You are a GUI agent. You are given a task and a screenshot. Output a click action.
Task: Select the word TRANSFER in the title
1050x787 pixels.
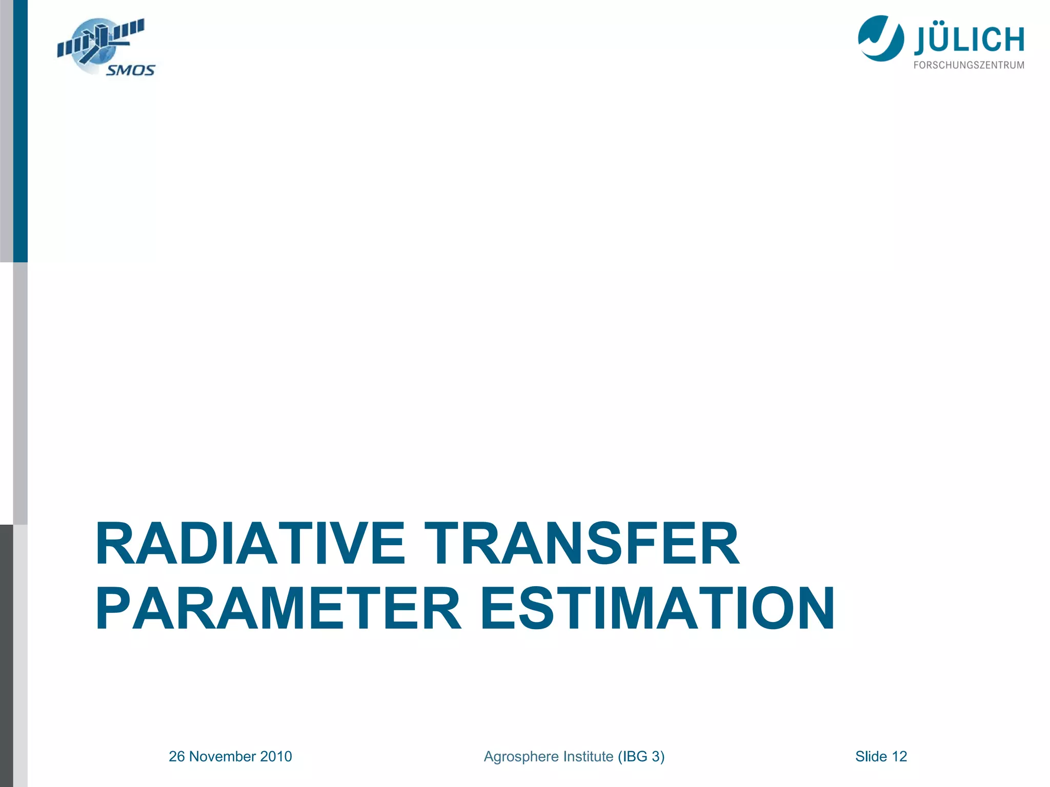coord(581,544)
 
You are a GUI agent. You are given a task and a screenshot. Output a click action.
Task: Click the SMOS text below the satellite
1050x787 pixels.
coord(130,70)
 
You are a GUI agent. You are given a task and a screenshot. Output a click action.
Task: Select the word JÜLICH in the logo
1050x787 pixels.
coord(969,40)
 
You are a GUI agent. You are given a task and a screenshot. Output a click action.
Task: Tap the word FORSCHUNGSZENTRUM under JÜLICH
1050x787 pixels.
coord(969,65)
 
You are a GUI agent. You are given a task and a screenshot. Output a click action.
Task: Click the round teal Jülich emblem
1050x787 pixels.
coord(881,38)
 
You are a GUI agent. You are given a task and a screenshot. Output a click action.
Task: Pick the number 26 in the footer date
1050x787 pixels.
coord(177,757)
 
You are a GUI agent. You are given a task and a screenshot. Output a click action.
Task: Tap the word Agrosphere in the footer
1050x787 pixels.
coord(522,757)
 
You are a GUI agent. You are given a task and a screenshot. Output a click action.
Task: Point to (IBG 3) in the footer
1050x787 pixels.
coord(641,757)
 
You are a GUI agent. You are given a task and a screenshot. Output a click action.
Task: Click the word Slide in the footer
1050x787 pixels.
coord(871,757)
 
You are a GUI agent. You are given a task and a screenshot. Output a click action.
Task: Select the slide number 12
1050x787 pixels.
coord(899,757)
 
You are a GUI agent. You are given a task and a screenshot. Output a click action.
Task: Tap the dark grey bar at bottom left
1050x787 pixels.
coord(6,656)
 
